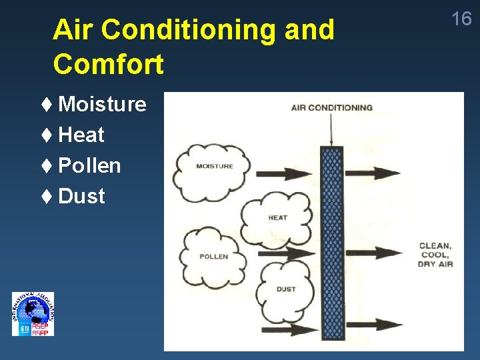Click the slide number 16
coord(461,19)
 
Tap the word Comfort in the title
coord(108,65)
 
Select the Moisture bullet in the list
coord(101,104)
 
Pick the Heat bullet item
coord(81,135)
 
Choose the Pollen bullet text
coord(89,165)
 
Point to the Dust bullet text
coord(81,196)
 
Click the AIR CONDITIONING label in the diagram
coord(331,107)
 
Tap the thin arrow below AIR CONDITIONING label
coord(331,129)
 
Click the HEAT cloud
coord(277,217)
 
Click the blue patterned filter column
coord(331,243)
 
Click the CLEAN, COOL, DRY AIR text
coord(435,255)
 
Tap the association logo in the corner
coord(33,314)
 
